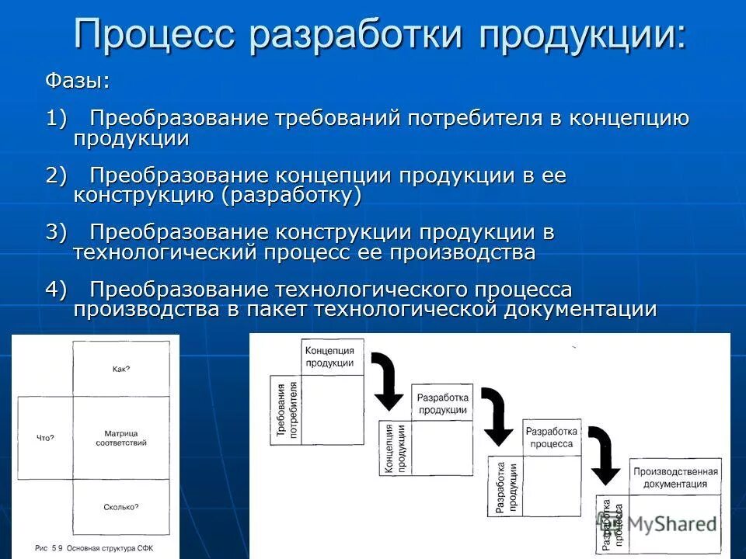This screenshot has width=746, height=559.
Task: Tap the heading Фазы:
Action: pyautogui.click(x=77, y=81)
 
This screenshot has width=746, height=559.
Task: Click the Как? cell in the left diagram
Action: pyautogui.click(x=121, y=369)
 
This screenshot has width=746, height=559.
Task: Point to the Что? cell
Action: pyautogui.click(x=45, y=438)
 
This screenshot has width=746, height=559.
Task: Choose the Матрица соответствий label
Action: pyautogui.click(x=121, y=437)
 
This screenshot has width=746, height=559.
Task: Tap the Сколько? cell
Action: pyautogui.click(x=121, y=507)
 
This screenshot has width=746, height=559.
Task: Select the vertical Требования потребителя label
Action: pyautogui.click(x=286, y=410)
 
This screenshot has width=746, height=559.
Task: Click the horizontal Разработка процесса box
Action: pyautogui.click(x=551, y=438)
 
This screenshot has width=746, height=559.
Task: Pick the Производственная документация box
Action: pyautogui.click(x=675, y=477)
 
